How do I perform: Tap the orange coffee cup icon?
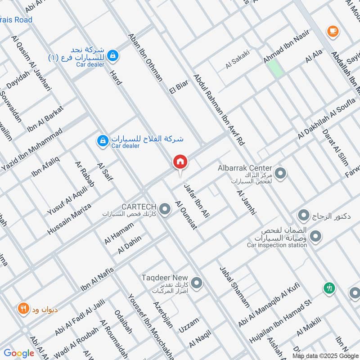pyautogui.click(x=333, y=31)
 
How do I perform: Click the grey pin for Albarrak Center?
pyautogui.click(x=281, y=173)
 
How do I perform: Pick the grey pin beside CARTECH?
pyautogui.click(x=165, y=209)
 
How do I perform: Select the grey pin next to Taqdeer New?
pyautogui.click(x=196, y=283)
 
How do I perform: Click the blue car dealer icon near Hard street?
pyautogui.click(x=114, y=55)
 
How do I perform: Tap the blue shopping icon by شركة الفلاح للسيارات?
pyautogui.click(x=103, y=141)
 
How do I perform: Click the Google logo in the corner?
pyautogui.click(x=19, y=353)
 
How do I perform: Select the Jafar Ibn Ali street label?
pyautogui.click(x=197, y=198)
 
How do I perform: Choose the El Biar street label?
pyautogui.click(x=178, y=83)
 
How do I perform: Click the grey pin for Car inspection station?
pyautogui.click(x=316, y=236)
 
